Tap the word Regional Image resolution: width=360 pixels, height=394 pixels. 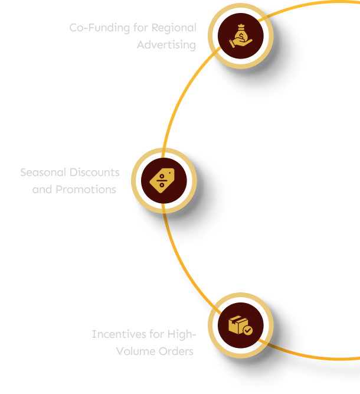(x=174, y=28)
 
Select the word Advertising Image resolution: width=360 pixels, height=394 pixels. (x=166, y=45)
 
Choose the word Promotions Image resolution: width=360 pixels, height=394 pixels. (x=86, y=190)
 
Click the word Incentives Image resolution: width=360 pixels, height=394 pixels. (x=118, y=334)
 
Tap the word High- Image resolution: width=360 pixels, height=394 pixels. (x=181, y=334)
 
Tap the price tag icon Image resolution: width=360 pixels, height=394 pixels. (x=162, y=180)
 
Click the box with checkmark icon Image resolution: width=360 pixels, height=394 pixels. (x=240, y=325)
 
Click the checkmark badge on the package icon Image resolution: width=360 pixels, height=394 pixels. (x=248, y=331)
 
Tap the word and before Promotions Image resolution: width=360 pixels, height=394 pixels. (x=42, y=190)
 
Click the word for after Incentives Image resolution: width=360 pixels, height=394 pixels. (x=156, y=334)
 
